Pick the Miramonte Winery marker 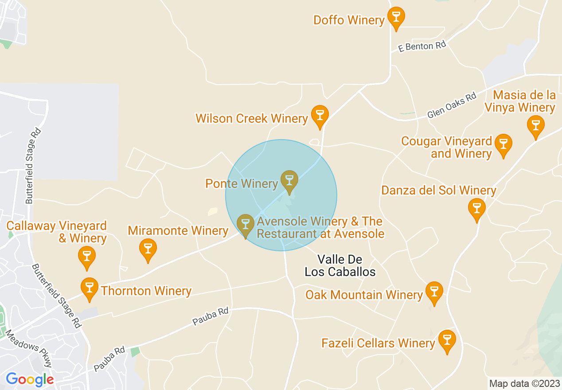[x=148, y=249]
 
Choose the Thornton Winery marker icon [x=90, y=288]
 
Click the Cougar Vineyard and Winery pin [x=503, y=144]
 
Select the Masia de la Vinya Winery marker [x=535, y=125]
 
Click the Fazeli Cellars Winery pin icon [x=447, y=340]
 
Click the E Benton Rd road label [x=422, y=46]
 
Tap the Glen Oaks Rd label [x=452, y=105]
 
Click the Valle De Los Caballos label [x=340, y=265]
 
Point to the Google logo [x=30, y=379]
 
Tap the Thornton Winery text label [x=146, y=291]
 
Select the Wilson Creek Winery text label [x=252, y=118]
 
